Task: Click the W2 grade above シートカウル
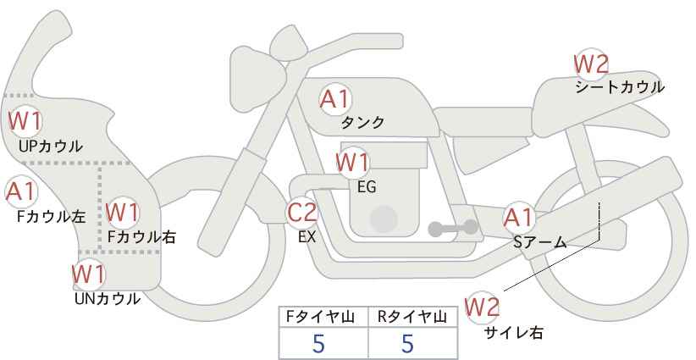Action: coord(591,64)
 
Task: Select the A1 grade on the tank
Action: coord(335,99)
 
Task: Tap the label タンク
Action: coord(362,122)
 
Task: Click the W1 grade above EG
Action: coord(352,163)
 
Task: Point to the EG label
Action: coord(367,187)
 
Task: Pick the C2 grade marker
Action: coord(302,212)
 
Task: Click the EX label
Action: coord(307,237)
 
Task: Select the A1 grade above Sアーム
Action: coord(518,218)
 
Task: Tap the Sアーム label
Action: coord(539,242)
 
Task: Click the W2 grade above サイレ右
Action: coord(482,307)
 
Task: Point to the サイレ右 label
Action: coord(514,333)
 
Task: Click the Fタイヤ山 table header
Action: coord(319,317)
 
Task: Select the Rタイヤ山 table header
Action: coord(412,317)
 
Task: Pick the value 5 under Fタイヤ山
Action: coord(318,344)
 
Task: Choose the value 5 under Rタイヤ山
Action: coord(407,344)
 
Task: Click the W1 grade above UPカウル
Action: coord(25,121)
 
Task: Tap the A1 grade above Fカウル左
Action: coord(20,191)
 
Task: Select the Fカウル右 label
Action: coord(141,236)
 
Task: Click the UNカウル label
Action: coord(107,299)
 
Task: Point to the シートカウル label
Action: coord(620,87)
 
